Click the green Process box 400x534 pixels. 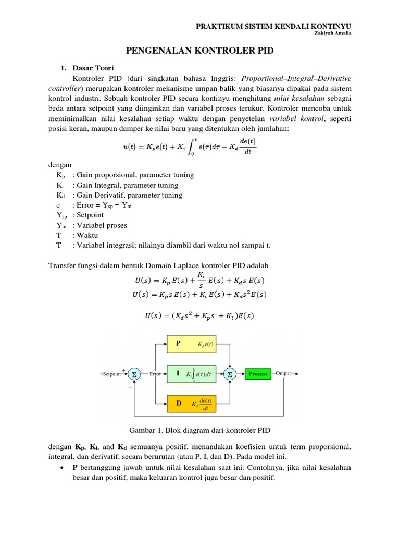pyautogui.click(x=258, y=374)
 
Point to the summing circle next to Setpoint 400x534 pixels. pyautogui.click(x=134, y=374)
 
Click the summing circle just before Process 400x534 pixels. pyautogui.click(x=230, y=374)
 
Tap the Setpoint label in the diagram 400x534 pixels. pyautogui.click(x=111, y=374)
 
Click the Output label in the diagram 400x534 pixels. pyautogui.click(x=283, y=373)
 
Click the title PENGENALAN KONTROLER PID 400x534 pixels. pyautogui.click(x=201, y=51)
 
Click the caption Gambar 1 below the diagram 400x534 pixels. pyautogui.click(x=201, y=430)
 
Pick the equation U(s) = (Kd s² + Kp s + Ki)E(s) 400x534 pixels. pyautogui.click(x=201, y=315)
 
